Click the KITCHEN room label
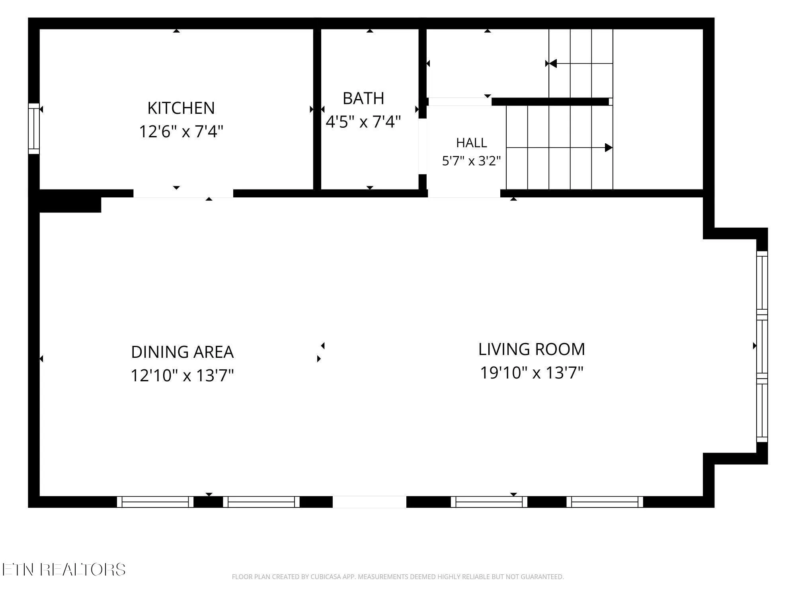coord(181,108)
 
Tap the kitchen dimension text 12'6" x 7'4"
coord(181,131)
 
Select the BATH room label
coord(363,98)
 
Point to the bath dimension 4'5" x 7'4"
coord(363,121)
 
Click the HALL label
coord(472,142)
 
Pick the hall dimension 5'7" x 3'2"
coord(472,161)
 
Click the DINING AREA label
coord(182,352)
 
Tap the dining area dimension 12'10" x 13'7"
coord(182,375)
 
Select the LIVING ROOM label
coord(532,349)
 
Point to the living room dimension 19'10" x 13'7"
coord(532,373)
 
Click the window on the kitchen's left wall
coord(34,129)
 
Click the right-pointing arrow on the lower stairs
coord(559,148)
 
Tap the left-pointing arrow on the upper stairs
coord(581,63)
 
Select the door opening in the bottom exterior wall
coord(369,502)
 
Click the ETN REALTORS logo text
coord(64,570)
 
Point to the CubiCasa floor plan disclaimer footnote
coord(398,577)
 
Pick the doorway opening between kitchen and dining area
coord(183,193)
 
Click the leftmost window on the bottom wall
coord(155,502)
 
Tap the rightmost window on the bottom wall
coord(605,502)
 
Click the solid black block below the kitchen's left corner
coord(70,205)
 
